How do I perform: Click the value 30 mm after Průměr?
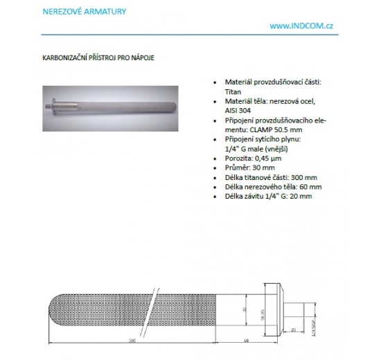[263, 168]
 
